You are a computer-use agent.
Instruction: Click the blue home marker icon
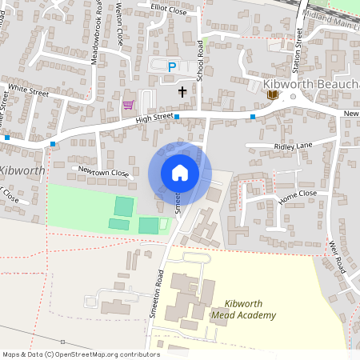tap(180, 172)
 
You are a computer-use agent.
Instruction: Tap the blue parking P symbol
tap(171, 66)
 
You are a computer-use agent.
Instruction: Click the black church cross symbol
tap(182, 92)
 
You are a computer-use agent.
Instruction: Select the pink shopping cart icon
tap(128, 104)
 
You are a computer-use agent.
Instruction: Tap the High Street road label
tap(154, 118)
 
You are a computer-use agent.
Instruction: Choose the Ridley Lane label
tap(293, 147)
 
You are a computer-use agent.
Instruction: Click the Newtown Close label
tap(103, 171)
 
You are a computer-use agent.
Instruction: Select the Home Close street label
tap(297, 195)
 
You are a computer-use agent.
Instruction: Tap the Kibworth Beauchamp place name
tap(311, 84)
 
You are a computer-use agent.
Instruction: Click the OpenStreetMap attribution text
tap(81, 354)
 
